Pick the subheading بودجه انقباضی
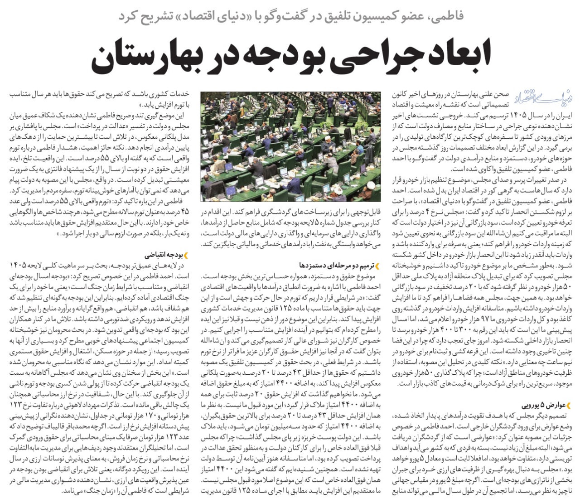click(x=163, y=255)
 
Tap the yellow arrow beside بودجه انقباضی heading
click(x=186, y=255)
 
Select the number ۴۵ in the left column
click(x=184, y=212)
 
